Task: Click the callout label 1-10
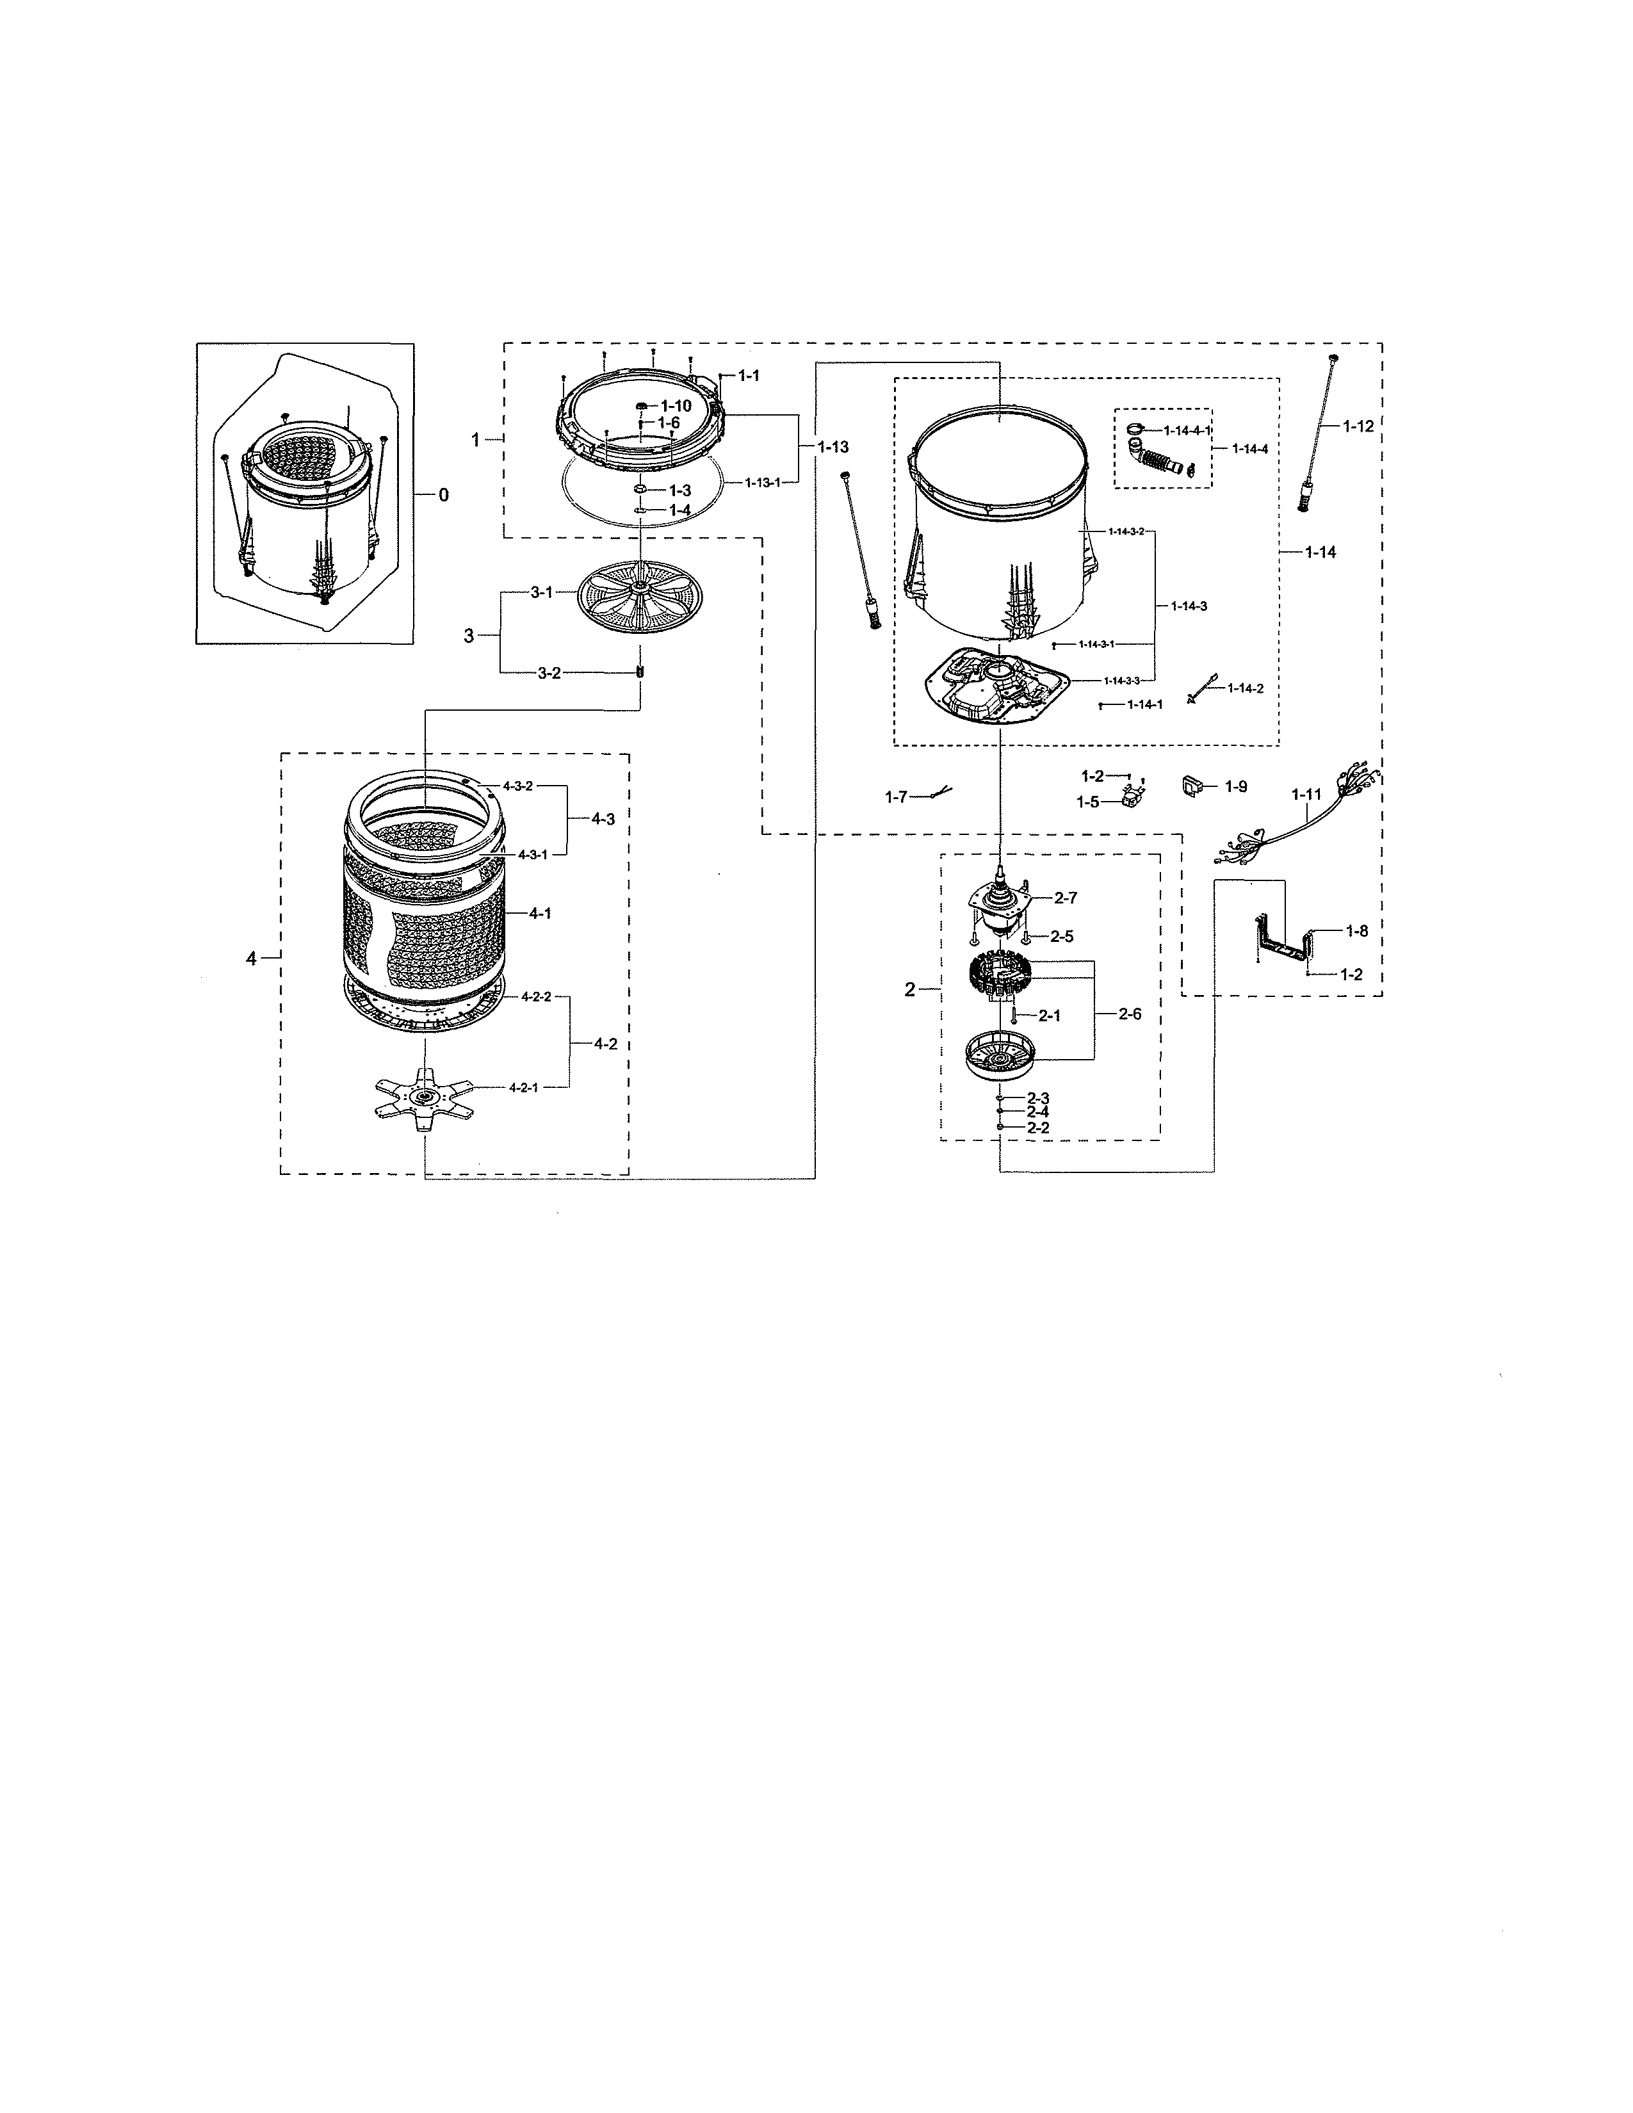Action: (676, 407)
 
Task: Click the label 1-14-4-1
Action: (1187, 430)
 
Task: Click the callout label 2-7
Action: (1065, 898)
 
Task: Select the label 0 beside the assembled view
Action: (443, 496)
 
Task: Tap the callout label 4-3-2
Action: (517, 786)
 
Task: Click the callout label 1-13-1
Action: (762, 482)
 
